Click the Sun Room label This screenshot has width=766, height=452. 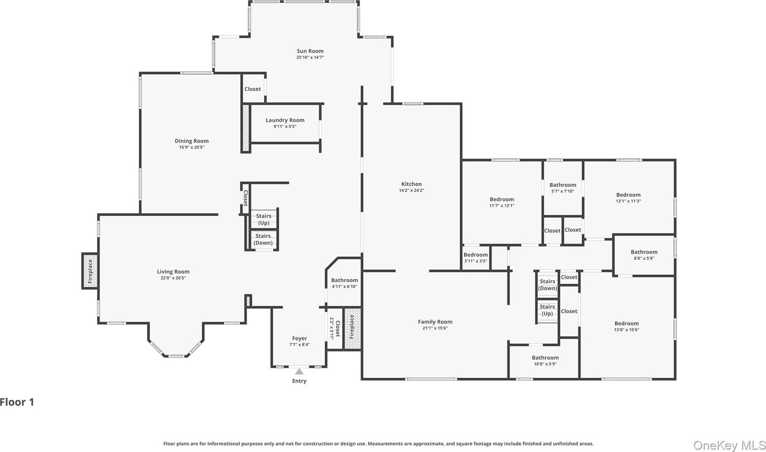(310, 51)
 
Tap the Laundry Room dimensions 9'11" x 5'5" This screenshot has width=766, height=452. (285, 127)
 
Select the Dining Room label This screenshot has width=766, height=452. (191, 141)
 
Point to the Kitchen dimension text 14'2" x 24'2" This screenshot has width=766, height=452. (411, 191)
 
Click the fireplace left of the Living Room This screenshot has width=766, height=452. (90, 271)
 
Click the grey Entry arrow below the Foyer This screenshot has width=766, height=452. (299, 371)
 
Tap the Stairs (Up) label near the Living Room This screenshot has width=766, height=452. (264, 219)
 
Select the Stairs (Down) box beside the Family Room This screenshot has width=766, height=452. (547, 284)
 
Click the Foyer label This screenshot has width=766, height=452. (300, 339)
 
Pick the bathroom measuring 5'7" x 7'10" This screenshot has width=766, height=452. (563, 188)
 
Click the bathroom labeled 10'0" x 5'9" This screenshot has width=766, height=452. (545, 360)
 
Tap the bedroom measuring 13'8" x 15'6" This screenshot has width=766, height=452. (627, 326)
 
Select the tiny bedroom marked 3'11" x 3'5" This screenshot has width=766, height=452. (476, 258)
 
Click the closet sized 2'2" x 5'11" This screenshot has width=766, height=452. (335, 328)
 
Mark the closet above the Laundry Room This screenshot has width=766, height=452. (253, 89)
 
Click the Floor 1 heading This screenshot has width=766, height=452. (17, 402)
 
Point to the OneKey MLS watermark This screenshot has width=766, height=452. (729, 445)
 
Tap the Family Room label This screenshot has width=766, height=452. (435, 322)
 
